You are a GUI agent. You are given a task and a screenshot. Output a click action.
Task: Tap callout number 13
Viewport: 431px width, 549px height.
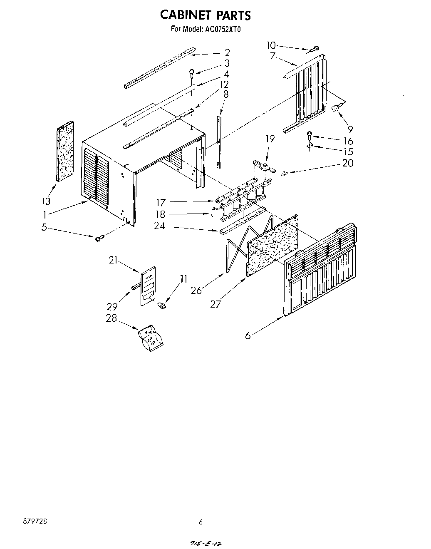tap(46, 201)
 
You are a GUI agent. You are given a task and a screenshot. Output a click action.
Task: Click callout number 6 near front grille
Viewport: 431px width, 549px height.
tap(248, 335)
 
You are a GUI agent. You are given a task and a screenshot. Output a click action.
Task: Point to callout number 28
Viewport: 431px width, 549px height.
tap(111, 318)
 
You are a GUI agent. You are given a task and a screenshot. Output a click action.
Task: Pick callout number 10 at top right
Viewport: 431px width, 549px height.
tap(271, 45)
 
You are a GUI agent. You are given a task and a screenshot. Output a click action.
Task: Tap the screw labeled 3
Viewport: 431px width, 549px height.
tap(192, 72)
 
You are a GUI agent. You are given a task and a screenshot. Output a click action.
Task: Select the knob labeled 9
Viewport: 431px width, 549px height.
tap(334, 109)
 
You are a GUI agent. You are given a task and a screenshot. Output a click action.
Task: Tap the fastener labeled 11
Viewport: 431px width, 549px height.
tap(162, 306)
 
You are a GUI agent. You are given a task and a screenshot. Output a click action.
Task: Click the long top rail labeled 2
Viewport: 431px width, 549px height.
tap(160, 67)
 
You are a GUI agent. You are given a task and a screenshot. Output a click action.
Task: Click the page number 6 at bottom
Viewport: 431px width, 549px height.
tap(201, 522)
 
